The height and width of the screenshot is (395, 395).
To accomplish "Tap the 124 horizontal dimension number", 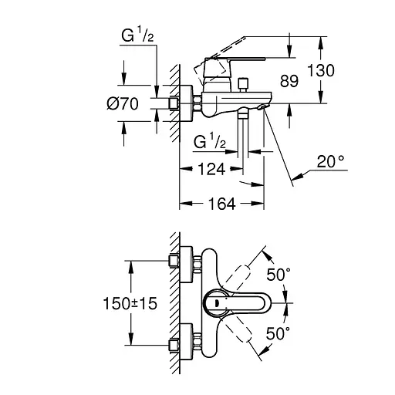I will [x=210, y=169].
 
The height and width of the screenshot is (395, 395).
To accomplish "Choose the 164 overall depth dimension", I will [x=221, y=204].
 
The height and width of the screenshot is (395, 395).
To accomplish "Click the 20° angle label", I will [x=329, y=162].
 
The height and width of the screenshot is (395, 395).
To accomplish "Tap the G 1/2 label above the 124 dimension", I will [x=208, y=142].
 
